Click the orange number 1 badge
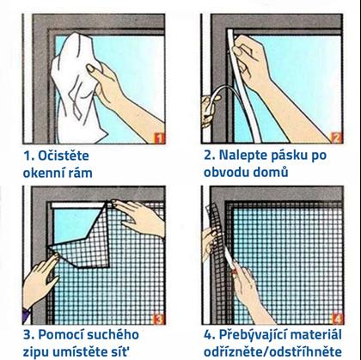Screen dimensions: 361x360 [160, 138]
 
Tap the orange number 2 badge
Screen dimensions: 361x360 [337, 138]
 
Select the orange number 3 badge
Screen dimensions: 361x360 [159, 320]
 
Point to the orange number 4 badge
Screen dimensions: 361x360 [338, 319]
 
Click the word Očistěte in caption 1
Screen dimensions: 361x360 [64, 156]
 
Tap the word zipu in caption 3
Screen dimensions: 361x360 [34, 352]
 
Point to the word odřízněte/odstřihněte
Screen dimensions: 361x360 [272, 351]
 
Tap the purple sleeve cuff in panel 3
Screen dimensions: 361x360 [27, 314]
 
